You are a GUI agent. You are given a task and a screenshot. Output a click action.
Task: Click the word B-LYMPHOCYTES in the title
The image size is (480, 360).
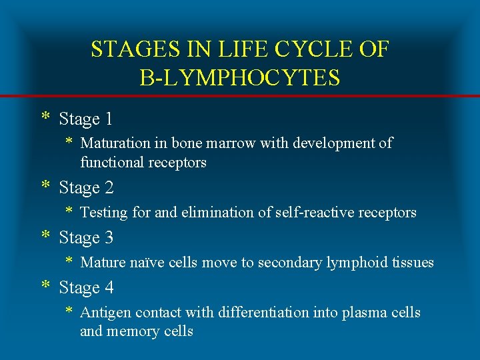pos(240,77)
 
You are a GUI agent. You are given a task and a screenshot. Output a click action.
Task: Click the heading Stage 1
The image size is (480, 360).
pos(86,119)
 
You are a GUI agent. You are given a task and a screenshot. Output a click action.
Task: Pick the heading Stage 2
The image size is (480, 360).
pos(86,188)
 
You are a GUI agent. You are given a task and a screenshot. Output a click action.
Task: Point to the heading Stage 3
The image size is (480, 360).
pos(86,237)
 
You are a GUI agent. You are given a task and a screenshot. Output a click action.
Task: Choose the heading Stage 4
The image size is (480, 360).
pos(86,288)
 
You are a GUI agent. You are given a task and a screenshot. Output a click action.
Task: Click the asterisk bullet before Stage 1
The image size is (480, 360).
pos(45,118)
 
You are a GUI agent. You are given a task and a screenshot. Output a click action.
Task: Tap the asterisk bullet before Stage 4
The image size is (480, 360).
pos(45,287)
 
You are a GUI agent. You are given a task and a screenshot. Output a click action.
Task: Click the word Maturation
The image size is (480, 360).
pos(115,143)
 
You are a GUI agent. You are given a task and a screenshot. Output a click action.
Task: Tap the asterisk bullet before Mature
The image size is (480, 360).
pos(69,261)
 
